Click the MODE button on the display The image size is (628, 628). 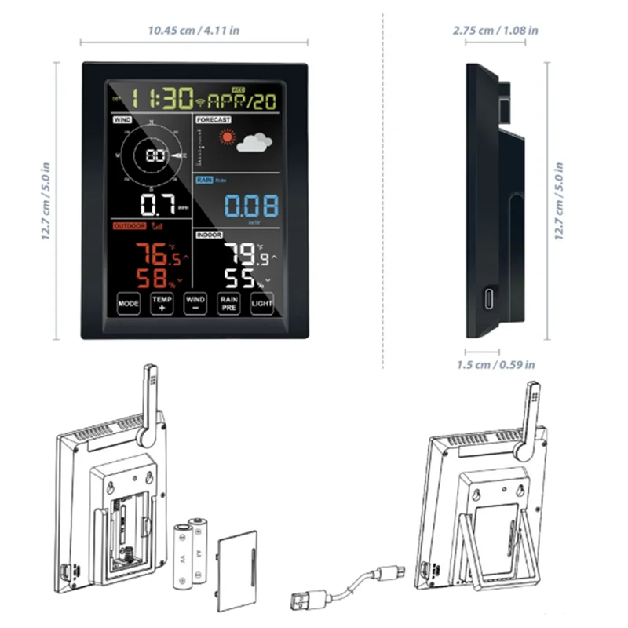click(x=128, y=302)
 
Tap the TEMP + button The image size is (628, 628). click(x=162, y=303)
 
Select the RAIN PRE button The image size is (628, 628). click(x=228, y=303)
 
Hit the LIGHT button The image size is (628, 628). click(x=262, y=302)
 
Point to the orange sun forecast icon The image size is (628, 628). click(x=228, y=138)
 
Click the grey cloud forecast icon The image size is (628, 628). click(x=254, y=143)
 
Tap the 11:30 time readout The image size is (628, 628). click(x=162, y=99)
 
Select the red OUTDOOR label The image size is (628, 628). click(x=129, y=226)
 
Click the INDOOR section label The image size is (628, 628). click(x=208, y=235)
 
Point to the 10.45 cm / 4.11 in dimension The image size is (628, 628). click(x=194, y=31)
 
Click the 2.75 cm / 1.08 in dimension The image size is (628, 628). click(x=495, y=31)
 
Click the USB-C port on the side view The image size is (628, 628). click(x=488, y=299)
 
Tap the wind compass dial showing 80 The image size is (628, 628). click(x=155, y=155)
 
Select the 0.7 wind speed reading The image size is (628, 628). click(x=159, y=206)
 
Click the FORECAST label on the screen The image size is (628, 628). click(x=214, y=119)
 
